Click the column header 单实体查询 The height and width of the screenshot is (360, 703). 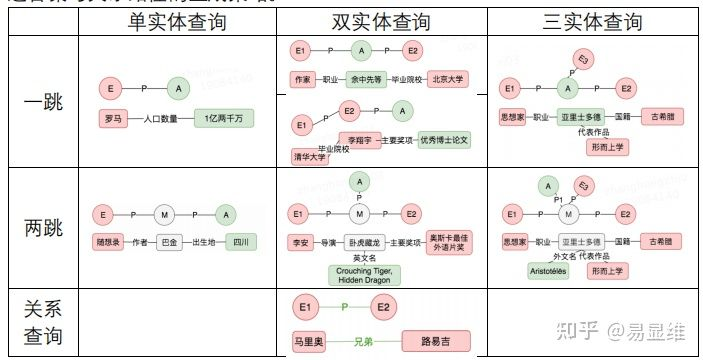178,22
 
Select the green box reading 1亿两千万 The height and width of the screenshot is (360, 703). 223,118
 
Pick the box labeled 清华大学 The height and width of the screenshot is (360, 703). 310,157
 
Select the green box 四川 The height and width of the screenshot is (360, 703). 239,242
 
